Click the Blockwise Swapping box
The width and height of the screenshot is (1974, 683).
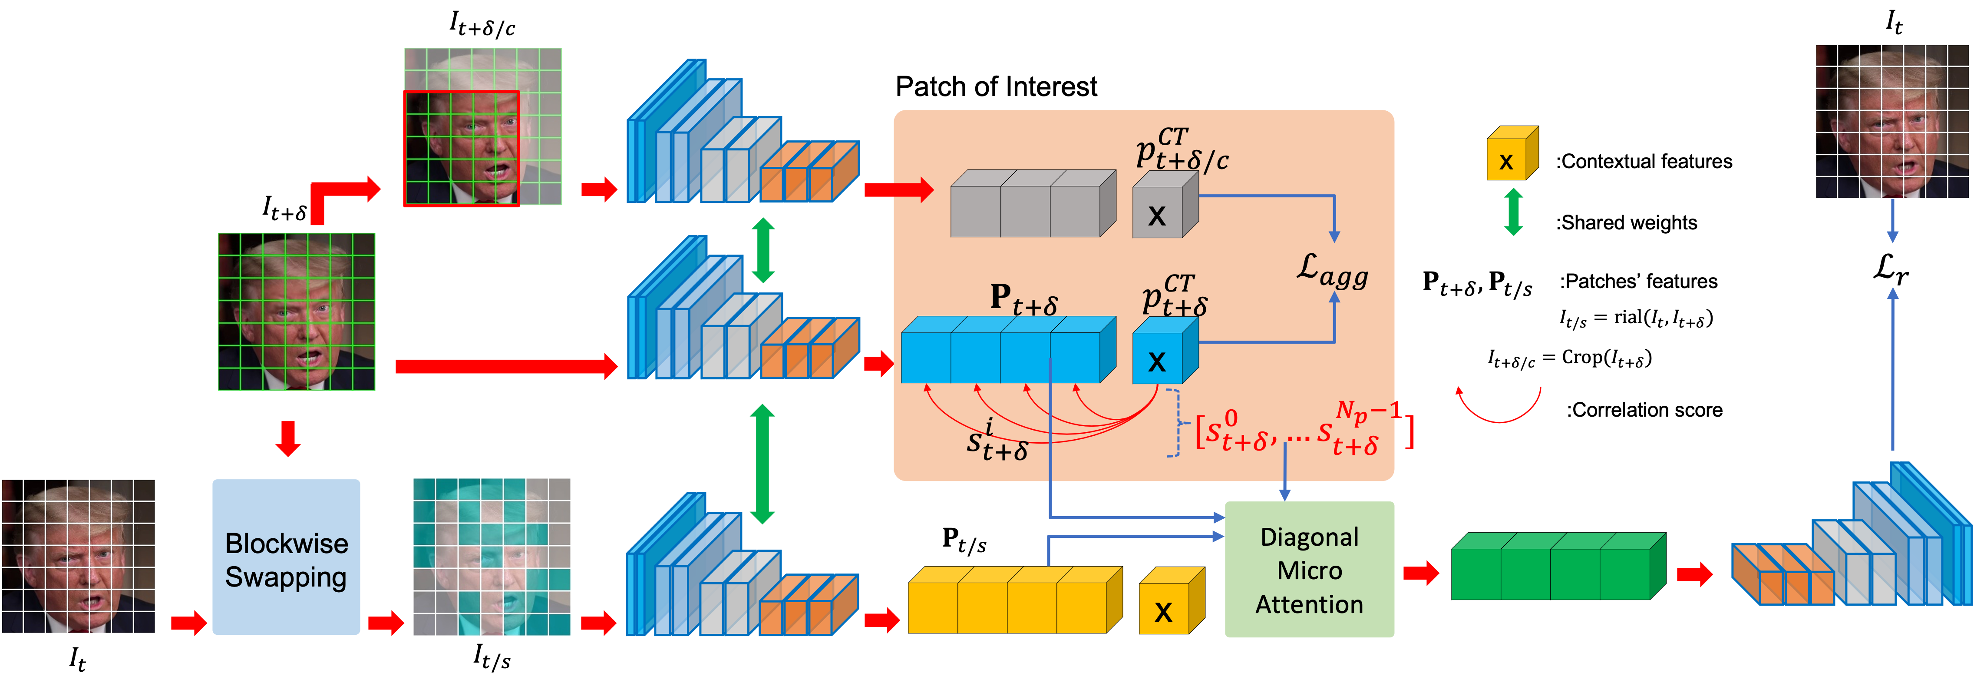coord(286,557)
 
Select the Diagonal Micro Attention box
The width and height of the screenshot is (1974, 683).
coord(1309,570)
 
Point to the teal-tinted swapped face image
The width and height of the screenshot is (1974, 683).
coord(492,557)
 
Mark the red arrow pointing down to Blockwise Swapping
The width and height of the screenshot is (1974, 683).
coord(288,438)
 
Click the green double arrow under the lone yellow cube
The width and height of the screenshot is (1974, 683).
coord(1513,212)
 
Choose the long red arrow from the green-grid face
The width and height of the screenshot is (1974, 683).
coord(506,366)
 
